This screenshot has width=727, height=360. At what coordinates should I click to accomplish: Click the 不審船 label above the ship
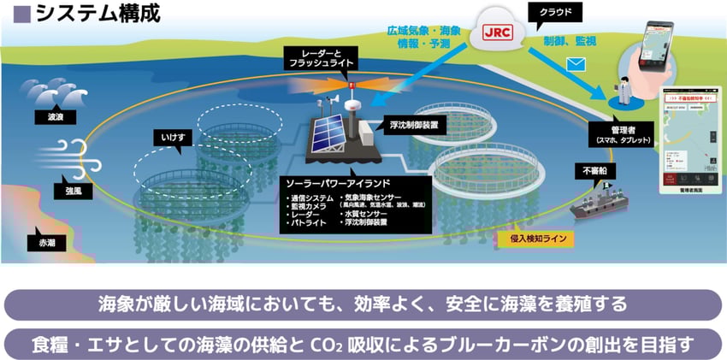[596, 170]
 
